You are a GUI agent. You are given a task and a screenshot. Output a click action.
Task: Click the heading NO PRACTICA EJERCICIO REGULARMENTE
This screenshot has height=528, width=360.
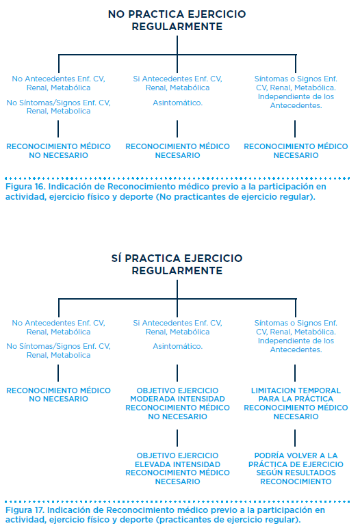tap(177, 21)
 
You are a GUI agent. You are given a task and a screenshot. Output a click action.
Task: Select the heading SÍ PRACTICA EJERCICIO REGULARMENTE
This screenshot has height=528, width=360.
tap(177, 264)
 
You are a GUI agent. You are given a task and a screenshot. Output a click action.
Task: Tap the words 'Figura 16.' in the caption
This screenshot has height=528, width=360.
tap(25, 187)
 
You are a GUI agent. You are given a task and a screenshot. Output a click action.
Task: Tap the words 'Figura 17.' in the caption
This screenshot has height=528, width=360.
tap(25, 510)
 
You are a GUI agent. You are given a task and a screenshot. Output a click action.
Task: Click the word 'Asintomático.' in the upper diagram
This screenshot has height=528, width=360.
tap(178, 103)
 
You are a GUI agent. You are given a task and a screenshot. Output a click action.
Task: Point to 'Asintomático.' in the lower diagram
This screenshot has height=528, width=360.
tap(178, 346)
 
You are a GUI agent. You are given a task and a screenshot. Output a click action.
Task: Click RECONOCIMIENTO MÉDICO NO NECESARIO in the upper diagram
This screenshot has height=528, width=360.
tap(59, 151)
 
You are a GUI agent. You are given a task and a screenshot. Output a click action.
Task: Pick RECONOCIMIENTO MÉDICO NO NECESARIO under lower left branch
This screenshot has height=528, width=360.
tap(59, 395)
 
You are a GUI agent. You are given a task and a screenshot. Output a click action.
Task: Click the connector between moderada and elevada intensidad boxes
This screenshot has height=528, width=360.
tap(177, 438)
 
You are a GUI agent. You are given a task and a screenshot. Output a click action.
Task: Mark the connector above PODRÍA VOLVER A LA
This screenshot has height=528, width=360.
tap(295, 438)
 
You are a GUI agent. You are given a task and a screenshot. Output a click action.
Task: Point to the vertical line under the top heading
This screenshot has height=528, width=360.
tap(177, 45)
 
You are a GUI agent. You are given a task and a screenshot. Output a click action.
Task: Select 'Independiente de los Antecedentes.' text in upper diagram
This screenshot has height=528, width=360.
tap(296, 101)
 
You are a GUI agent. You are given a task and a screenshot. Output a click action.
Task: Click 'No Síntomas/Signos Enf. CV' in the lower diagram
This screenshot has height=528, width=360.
tap(59, 346)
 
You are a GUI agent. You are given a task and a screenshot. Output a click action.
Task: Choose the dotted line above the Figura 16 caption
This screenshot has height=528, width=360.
tap(178, 178)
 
